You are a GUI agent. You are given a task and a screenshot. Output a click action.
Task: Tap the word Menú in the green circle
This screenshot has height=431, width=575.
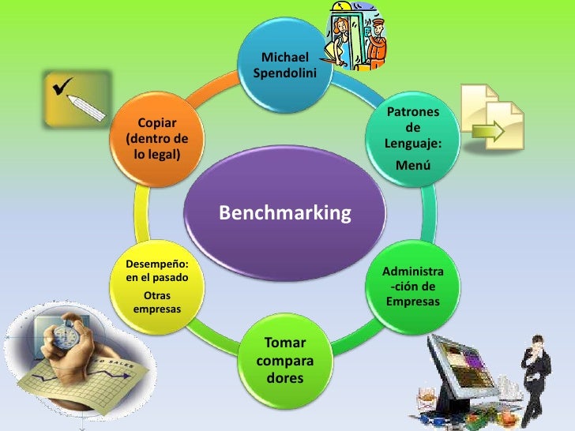pyautogui.click(x=413, y=166)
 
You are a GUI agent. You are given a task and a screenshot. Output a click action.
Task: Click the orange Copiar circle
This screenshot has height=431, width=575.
pyautogui.click(x=156, y=138)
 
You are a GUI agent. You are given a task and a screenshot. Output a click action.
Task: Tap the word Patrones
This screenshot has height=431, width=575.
pyautogui.click(x=413, y=113)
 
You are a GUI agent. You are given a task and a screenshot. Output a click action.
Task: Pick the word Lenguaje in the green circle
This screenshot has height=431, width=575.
pyautogui.click(x=412, y=144)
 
